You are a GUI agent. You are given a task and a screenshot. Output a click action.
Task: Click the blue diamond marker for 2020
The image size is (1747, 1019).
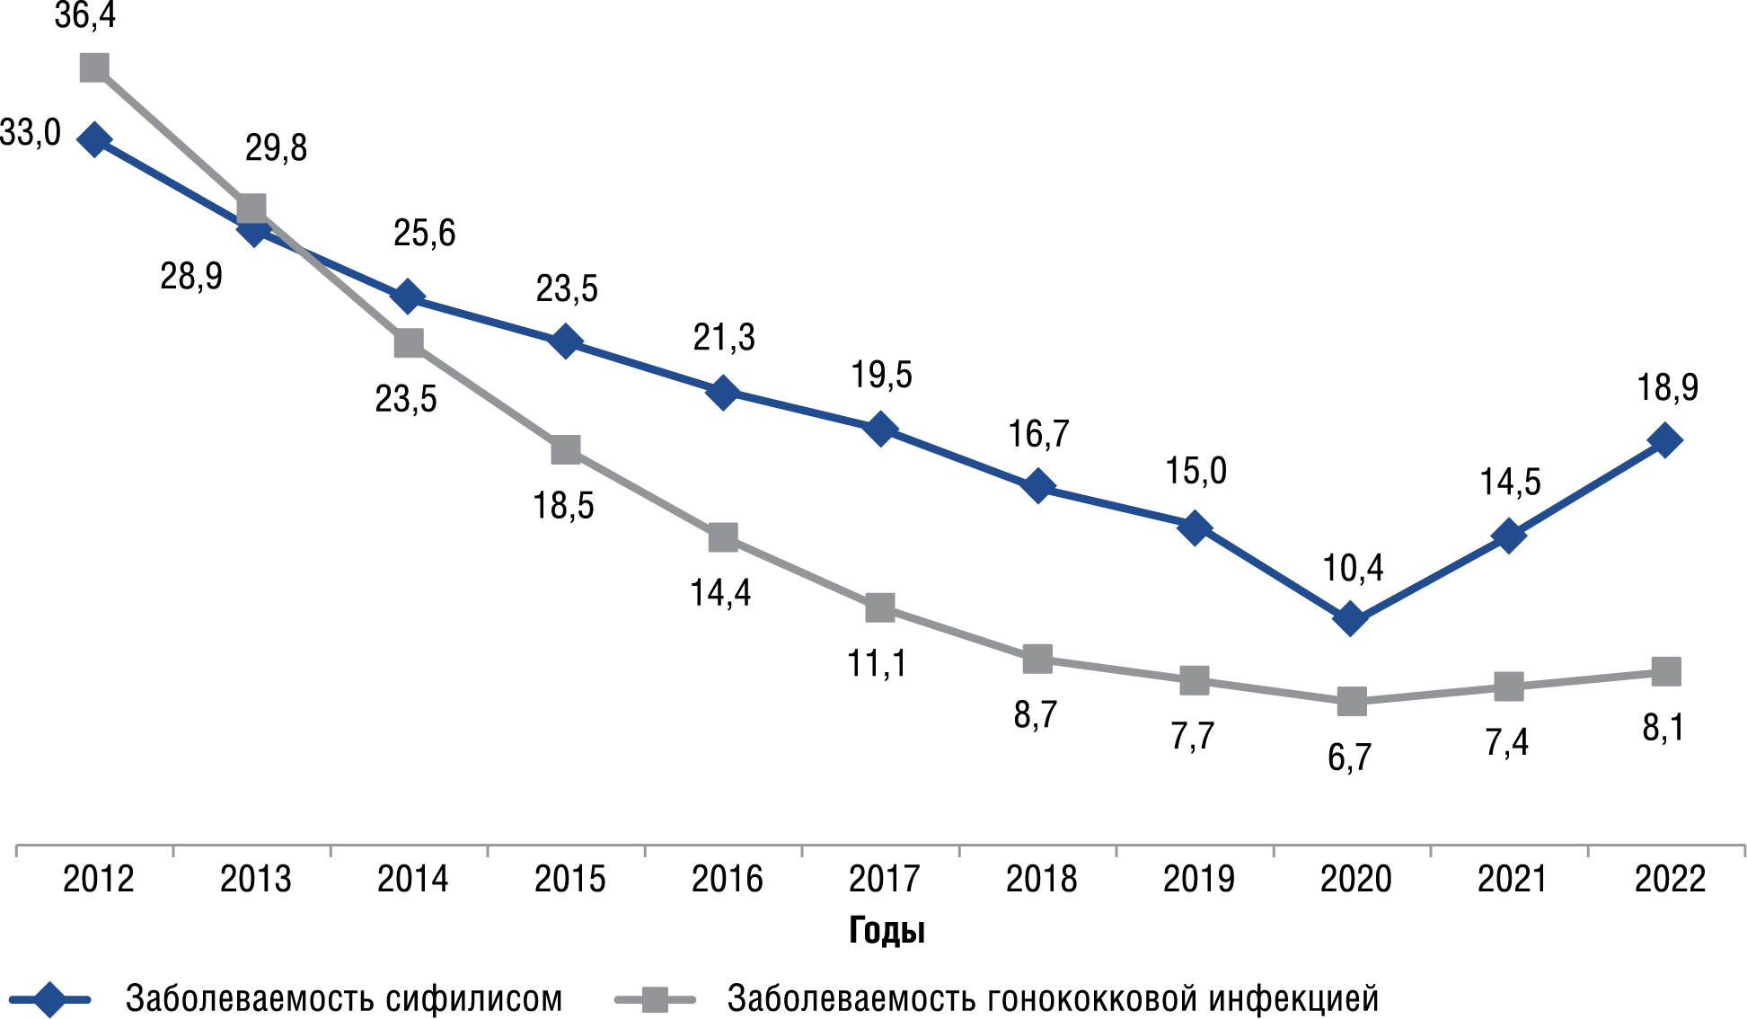(x=1350, y=618)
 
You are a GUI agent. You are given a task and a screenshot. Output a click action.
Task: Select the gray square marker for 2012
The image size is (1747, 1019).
(x=94, y=67)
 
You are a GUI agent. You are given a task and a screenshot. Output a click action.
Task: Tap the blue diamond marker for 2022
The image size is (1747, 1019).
(x=1665, y=440)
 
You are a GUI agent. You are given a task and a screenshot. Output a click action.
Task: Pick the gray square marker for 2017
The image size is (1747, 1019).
(x=880, y=607)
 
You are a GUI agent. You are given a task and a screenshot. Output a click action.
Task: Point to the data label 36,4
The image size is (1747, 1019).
(x=85, y=16)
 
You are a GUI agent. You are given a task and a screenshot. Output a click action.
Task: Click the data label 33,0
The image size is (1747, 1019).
(x=31, y=133)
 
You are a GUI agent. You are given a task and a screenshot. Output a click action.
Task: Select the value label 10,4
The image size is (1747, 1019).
(x=1353, y=568)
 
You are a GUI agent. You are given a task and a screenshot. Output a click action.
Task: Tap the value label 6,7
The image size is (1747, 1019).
(x=1349, y=758)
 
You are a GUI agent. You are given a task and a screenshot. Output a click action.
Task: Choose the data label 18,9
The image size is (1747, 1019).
(x=1667, y=387)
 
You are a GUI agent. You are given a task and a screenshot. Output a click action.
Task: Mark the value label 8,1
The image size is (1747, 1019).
(x=1663, y=728)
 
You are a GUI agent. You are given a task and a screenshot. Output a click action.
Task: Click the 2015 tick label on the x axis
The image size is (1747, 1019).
(x=569, y=879)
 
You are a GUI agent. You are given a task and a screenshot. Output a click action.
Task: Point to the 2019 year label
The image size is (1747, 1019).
(x=1198, y=879)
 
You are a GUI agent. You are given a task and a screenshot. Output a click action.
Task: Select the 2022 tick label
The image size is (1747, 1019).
(x=1670, y=879)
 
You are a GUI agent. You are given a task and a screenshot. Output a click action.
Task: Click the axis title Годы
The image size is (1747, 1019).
(x=887, y=931)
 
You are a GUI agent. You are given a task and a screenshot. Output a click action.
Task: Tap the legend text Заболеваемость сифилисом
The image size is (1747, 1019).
(x=344, y=998)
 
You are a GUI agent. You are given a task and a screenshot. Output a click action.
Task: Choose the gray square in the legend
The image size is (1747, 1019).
(x=656, y=999)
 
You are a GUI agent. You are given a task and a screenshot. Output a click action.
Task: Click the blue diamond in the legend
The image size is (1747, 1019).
(x=50, y=999)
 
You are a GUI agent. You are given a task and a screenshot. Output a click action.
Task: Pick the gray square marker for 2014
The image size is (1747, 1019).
(x=409, y=342)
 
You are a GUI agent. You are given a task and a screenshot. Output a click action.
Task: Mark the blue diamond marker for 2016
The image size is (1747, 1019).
(x=723, y=392)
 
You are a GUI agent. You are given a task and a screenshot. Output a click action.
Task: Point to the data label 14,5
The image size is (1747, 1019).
(x=1510, y=483)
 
